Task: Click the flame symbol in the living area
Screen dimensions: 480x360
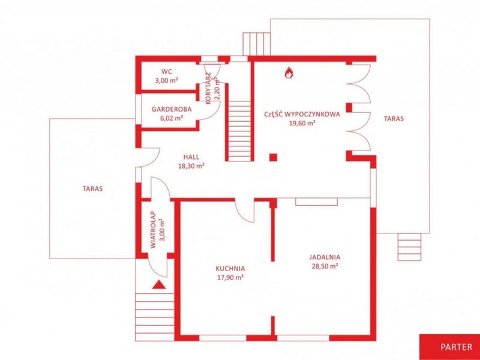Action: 289,73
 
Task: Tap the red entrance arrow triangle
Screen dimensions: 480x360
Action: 159,285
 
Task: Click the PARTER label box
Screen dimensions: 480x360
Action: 449,347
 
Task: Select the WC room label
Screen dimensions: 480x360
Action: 167,72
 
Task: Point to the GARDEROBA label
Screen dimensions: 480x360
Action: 172,109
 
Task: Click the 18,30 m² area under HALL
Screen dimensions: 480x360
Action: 191,166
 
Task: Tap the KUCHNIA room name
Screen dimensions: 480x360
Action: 230,269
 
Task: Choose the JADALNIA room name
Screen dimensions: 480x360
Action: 325,257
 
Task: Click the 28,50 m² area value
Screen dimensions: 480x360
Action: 325,266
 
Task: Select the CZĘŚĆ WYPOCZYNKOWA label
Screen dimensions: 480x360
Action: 302,115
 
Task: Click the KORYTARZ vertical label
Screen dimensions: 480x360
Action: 208,88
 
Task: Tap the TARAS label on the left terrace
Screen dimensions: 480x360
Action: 92,188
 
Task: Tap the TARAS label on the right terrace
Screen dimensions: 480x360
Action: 394,118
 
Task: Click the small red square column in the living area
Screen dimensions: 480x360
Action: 273,157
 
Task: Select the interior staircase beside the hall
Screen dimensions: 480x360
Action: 239,131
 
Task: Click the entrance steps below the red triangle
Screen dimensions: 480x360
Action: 155,317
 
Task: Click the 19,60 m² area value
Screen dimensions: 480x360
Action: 302,124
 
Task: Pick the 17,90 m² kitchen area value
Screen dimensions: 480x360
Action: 230,278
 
